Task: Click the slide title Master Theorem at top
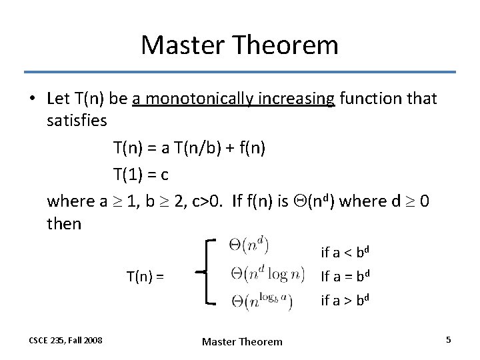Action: pyautogui.click(x=239, y=45)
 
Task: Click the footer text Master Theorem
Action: pyautogui.click(x=242, y=341)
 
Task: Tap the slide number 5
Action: pyautogui.click(x=449, y=340)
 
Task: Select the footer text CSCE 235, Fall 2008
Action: pyautogui.click(x=66, y=341)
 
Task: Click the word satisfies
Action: pyautogui.click(x=77, y=122)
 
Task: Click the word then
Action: pyautogui.click(x=64, y=224)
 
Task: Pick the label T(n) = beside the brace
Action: pyautogui.click(x=146, y=275)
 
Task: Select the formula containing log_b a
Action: pyautogui.click(x=261, y=301)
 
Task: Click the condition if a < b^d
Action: pyautogui.click(x=345, y=252)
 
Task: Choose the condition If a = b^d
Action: pyautogui.click(x=345, y=276)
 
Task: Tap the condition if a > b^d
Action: pyautogui.click(x=345, y=300)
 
